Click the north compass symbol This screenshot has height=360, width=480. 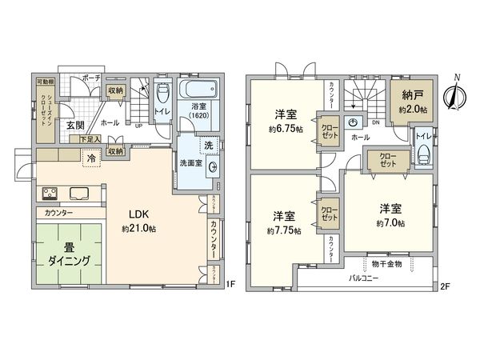coord(456,95)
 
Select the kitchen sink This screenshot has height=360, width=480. coord(81,193)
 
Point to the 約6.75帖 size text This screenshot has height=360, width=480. coord(281,128)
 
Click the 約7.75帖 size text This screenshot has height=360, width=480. coord(285,231)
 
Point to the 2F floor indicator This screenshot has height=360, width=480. coord(445,286)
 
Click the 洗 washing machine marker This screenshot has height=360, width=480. coord(208,146)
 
